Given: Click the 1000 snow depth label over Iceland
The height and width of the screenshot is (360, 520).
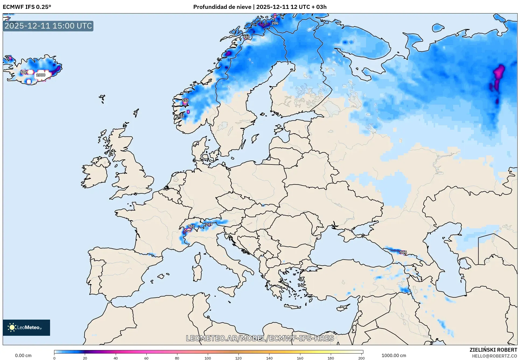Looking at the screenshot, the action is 41,75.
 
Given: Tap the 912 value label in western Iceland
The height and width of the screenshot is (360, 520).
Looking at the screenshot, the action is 23,72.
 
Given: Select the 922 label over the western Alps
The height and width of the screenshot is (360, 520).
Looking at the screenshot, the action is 191,226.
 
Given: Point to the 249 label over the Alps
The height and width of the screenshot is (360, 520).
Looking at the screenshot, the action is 209,224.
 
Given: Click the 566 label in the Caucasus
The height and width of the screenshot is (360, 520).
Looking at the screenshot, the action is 403,252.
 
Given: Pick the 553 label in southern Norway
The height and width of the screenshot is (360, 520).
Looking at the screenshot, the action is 185,100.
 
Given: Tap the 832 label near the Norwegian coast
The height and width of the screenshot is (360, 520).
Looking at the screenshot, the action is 181,116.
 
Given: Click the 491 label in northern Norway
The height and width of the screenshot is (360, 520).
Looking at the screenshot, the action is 246,37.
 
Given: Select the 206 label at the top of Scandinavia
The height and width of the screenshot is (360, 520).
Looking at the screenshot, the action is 275,23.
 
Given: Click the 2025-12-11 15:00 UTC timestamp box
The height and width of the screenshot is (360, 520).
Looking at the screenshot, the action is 48,26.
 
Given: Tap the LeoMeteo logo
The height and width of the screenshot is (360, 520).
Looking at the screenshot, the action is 26,327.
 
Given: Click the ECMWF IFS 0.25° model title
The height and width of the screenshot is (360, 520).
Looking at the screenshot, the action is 27,7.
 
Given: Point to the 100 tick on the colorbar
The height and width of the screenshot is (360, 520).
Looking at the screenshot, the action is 208,358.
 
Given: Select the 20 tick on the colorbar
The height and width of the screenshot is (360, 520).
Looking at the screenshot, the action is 85,358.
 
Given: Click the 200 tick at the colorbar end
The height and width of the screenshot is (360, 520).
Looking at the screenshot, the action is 361,358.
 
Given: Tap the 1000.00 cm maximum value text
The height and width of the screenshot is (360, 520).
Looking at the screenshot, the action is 393,355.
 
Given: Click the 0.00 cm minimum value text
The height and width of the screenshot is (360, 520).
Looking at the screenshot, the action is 23,355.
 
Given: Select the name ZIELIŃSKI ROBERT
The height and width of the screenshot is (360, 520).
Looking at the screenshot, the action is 493,350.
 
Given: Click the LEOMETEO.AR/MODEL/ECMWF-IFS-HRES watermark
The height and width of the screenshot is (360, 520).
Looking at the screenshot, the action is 260,338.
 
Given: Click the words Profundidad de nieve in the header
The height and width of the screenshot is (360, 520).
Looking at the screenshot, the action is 222,7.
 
